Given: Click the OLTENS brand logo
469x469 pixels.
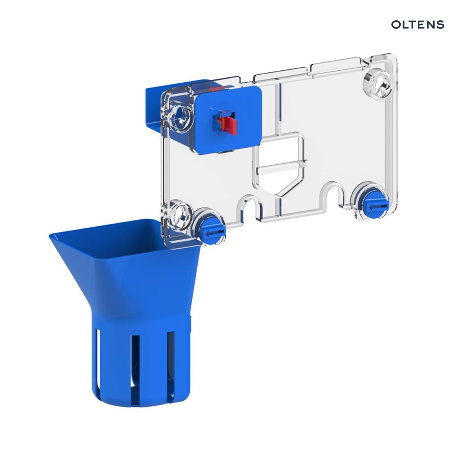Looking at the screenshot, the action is coord(417,25).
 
